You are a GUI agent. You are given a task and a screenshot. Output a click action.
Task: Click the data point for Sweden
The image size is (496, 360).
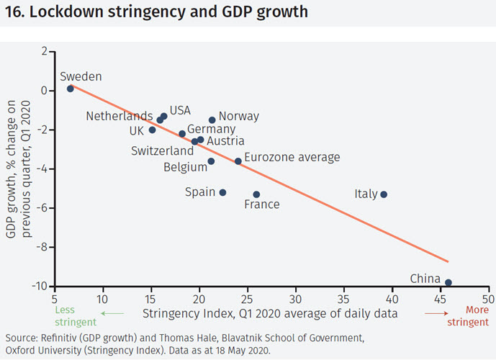(x=71, y=89)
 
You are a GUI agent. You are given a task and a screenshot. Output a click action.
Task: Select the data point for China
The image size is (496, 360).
(x=448, y=283)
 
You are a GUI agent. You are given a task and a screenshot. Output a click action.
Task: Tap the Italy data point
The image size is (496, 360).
(x=384, y=194)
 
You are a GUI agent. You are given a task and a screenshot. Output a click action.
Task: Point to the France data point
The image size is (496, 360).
(x=256, y=194)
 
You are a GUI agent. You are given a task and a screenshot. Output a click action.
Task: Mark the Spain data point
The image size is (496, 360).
(x=222, y=192)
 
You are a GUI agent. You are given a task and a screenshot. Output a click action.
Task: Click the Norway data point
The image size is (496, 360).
(x=212, y=120)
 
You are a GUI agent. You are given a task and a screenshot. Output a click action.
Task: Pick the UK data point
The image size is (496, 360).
(x=152, y=130)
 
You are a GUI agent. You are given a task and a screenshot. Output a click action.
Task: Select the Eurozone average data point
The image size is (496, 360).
(x=238, y=161)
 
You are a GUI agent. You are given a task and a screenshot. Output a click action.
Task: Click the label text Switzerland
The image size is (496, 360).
(x=162, y=151)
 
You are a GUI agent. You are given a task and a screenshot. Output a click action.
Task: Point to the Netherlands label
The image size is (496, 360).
(x=119, y=116)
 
